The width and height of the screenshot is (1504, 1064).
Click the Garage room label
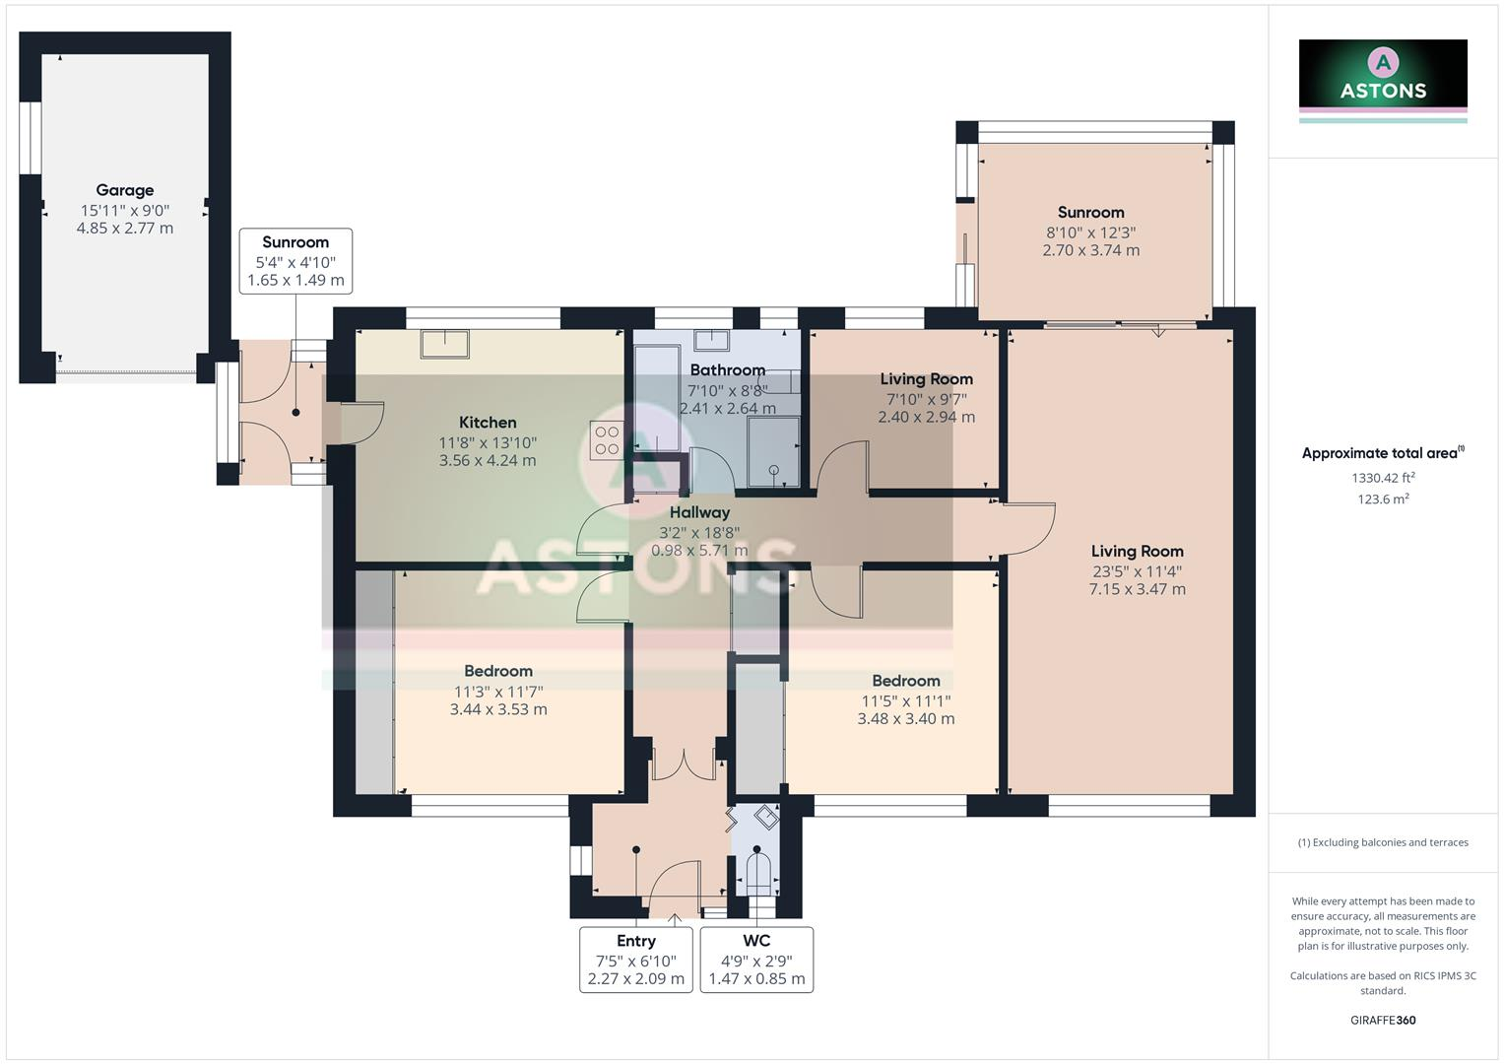click(x=125, y=190)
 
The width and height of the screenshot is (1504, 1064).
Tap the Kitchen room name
click(x=488, y=423)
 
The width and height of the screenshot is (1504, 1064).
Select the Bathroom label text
click(x=728, y=370)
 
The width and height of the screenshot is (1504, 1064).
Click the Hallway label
click(x=699, y=512)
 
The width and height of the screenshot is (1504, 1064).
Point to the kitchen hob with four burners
click(x=607, y=440)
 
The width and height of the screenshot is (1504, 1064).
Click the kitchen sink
click(x=444, y=344)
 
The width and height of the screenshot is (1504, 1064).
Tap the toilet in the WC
click(x=756, y=871)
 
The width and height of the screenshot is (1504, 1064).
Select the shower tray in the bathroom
click(x=774, y=451)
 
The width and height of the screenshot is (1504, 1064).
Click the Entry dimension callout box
click(x=636, y=960)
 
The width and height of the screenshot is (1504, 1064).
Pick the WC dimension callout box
click(x=756, y=960)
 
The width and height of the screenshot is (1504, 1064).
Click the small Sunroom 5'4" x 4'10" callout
click(x=296, y=261)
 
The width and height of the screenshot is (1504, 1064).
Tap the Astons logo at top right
click(x=1383, y=81)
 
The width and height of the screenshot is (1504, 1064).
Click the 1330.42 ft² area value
click(x=1383, y=478)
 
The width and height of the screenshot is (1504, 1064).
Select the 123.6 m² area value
click(x=1383, y=499)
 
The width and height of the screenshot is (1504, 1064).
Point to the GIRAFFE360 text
click(x=1383, y=1021)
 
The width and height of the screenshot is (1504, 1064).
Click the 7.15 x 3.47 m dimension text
click(x=1138, y=589)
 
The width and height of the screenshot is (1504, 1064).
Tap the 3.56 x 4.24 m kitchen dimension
click(x=488, y=461)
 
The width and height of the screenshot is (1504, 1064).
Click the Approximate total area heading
click(x=1383, y=453)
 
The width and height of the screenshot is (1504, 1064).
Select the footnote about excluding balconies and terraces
click(x=1383, y=842)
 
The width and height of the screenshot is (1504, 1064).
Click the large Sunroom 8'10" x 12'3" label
click(x=1091, y=232)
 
